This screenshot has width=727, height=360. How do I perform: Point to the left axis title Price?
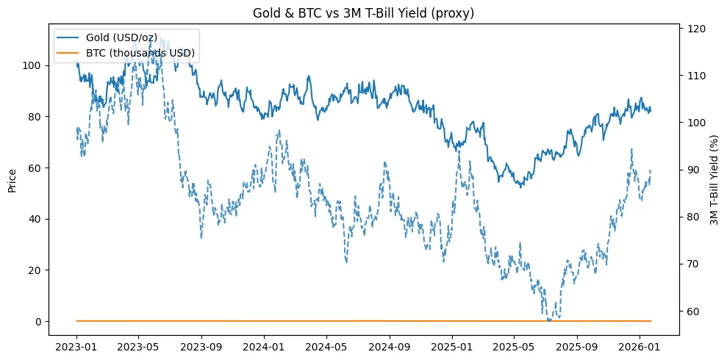12,179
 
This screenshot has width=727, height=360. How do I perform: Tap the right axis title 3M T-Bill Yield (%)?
714,179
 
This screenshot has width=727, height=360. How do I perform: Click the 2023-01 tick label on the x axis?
76,345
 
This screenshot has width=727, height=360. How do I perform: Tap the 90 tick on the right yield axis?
693,170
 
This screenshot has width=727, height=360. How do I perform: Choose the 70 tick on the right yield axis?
693,264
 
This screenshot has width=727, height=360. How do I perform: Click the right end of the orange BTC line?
651,321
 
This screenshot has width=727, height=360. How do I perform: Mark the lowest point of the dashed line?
549,320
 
